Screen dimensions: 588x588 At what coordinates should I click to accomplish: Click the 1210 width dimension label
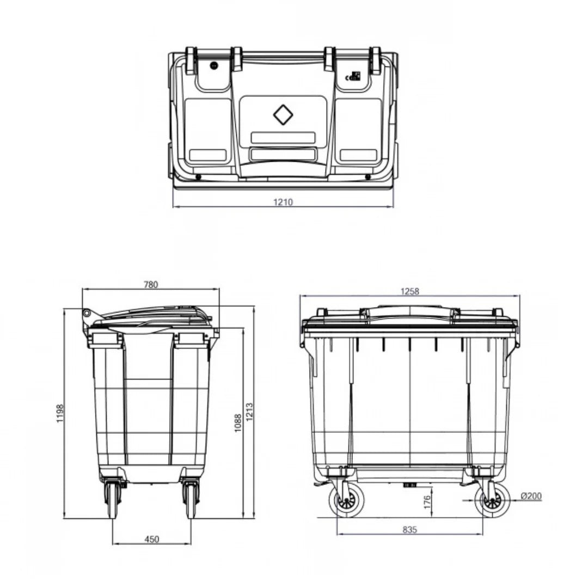[283, 202]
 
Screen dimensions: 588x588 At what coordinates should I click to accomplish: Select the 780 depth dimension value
[151, 284]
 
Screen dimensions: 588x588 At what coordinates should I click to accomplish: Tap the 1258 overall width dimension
[410, 291]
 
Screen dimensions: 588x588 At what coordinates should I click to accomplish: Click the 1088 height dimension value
[238, 423]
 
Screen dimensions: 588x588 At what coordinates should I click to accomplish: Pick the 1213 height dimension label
[250, 415]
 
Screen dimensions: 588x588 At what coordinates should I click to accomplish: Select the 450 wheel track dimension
[152, 539]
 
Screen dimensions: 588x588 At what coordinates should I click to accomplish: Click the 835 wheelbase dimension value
[410, 529]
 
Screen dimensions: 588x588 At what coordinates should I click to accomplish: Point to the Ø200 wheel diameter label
[530, 495]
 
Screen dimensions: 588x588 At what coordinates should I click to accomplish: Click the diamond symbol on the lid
[283, 115]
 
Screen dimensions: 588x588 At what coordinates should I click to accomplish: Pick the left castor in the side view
[113, 499]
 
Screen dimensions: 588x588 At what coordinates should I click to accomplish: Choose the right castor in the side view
[191, 499]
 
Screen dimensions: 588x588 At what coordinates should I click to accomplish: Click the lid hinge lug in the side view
[86, 314]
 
